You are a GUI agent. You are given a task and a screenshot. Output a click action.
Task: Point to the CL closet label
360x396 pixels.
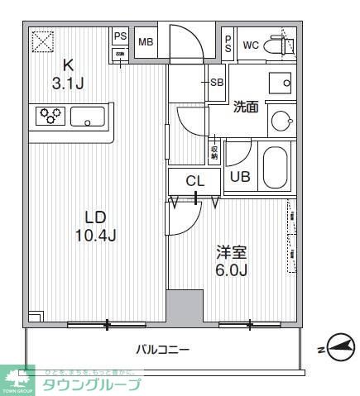coord(194,181)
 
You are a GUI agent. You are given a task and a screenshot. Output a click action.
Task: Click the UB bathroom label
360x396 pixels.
coord(240,176)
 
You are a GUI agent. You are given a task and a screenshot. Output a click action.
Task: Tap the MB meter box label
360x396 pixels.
coord(146,42)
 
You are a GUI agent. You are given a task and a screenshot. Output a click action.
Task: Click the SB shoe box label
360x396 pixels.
coord(216,82)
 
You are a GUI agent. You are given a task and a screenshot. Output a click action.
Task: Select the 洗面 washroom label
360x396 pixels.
coord(246,107)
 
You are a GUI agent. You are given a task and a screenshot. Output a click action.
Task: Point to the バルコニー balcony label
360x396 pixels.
coord(163,350)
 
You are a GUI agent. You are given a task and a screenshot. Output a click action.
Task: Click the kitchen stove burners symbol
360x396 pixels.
coord(50,117)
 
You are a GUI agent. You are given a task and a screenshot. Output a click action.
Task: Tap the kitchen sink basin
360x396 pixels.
coord(87,117)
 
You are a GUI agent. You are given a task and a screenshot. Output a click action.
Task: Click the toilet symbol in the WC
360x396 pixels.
coord(277,45)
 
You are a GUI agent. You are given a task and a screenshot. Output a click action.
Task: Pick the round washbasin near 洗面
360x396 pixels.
coord(281,121)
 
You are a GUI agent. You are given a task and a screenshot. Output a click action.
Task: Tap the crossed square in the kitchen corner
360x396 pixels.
coord(41,40)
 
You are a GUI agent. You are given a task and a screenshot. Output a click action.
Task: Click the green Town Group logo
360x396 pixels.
coord(17,379)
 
